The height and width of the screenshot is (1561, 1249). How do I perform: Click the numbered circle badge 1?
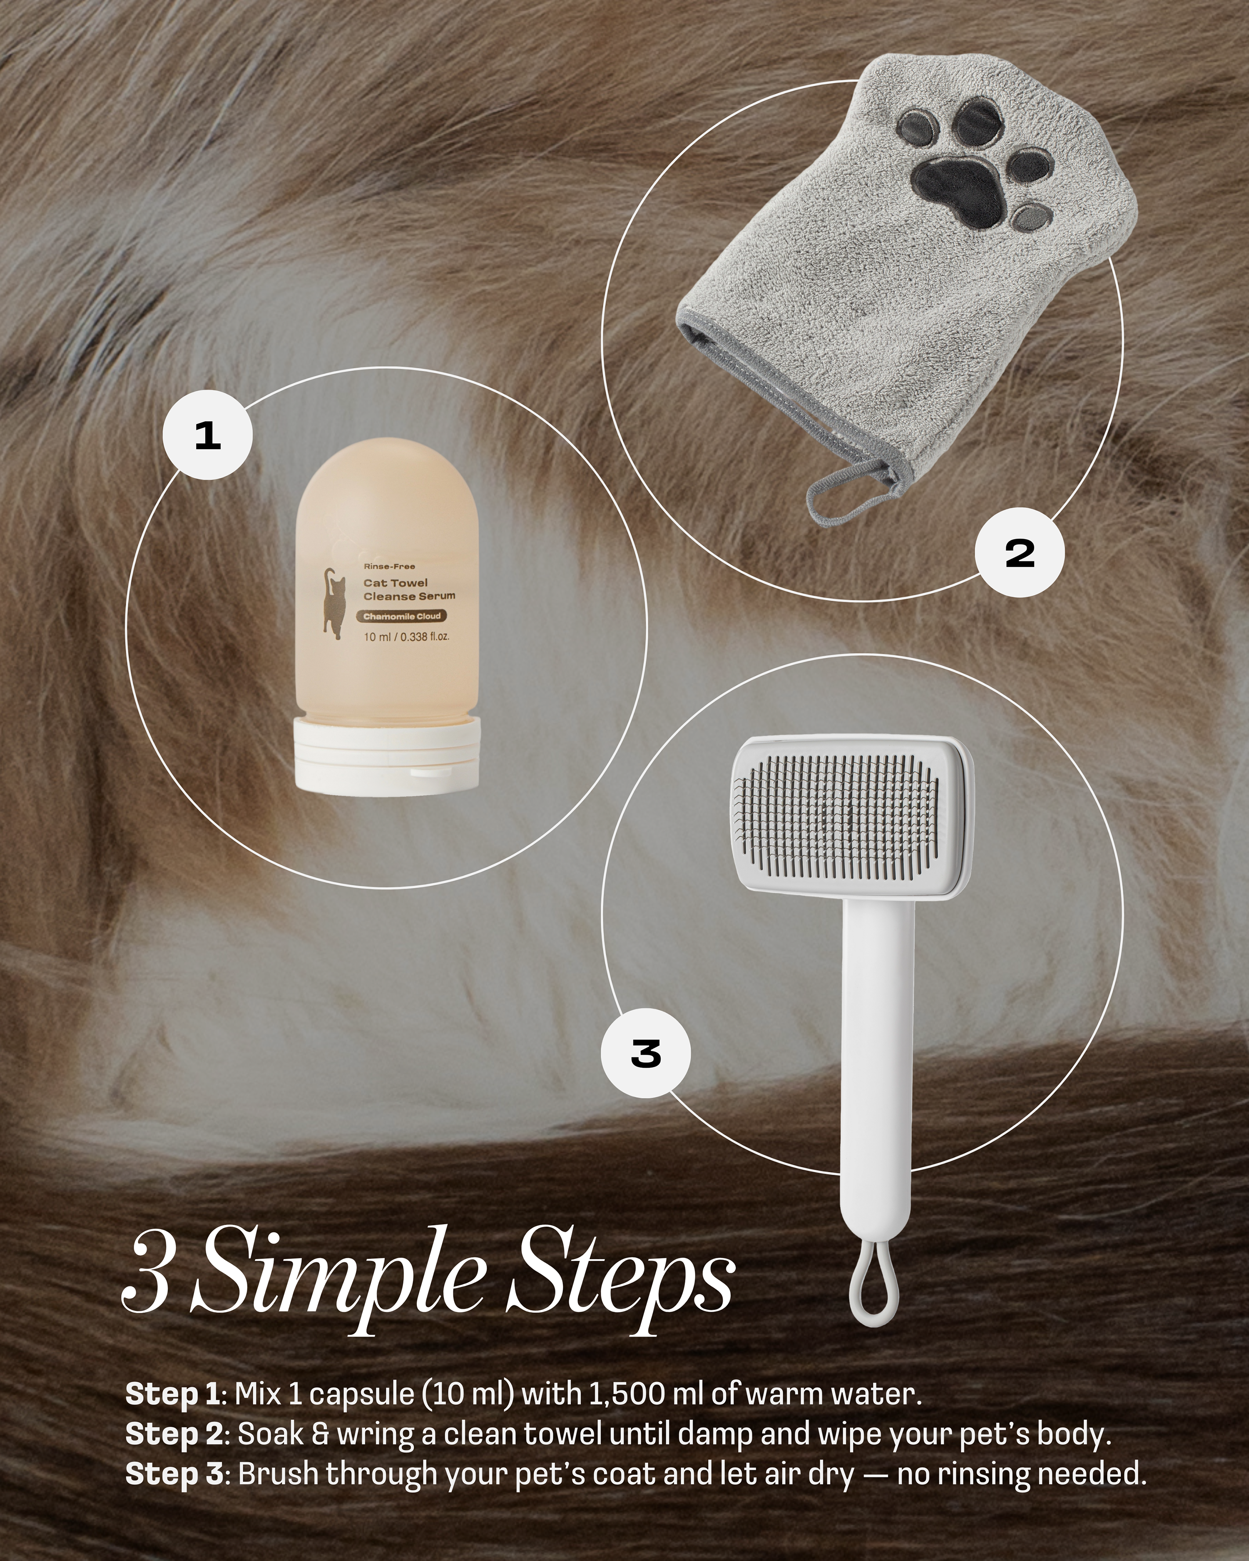tap(208, 435)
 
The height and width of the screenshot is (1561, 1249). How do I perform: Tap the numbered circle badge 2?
tap(1020, 553)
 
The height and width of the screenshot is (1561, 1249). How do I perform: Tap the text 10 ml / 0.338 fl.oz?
tap(406, 637)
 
